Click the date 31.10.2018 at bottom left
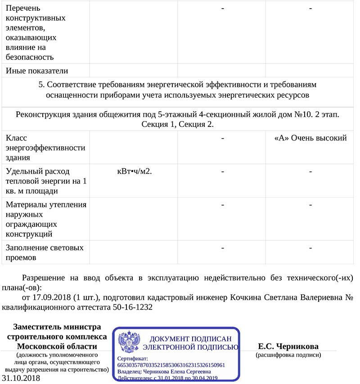pos(21,378)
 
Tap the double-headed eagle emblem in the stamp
pos(129,342)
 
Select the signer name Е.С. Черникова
pos(288,346)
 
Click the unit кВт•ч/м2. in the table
pos(134,171)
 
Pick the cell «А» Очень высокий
pos(310,138)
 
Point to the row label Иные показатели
pos(37,70)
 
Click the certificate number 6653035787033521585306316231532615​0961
pos(171,365)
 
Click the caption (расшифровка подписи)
pos(288,355)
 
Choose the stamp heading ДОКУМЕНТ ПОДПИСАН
pos(190,339)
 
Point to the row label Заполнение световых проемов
pos(45,253)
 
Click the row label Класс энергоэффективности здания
pos(45,148)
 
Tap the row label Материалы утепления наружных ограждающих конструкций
pos(46,219)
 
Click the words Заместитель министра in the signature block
pos(57,327)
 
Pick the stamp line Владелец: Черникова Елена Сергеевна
pos(164,372)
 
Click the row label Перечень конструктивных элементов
pos(36,33)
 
